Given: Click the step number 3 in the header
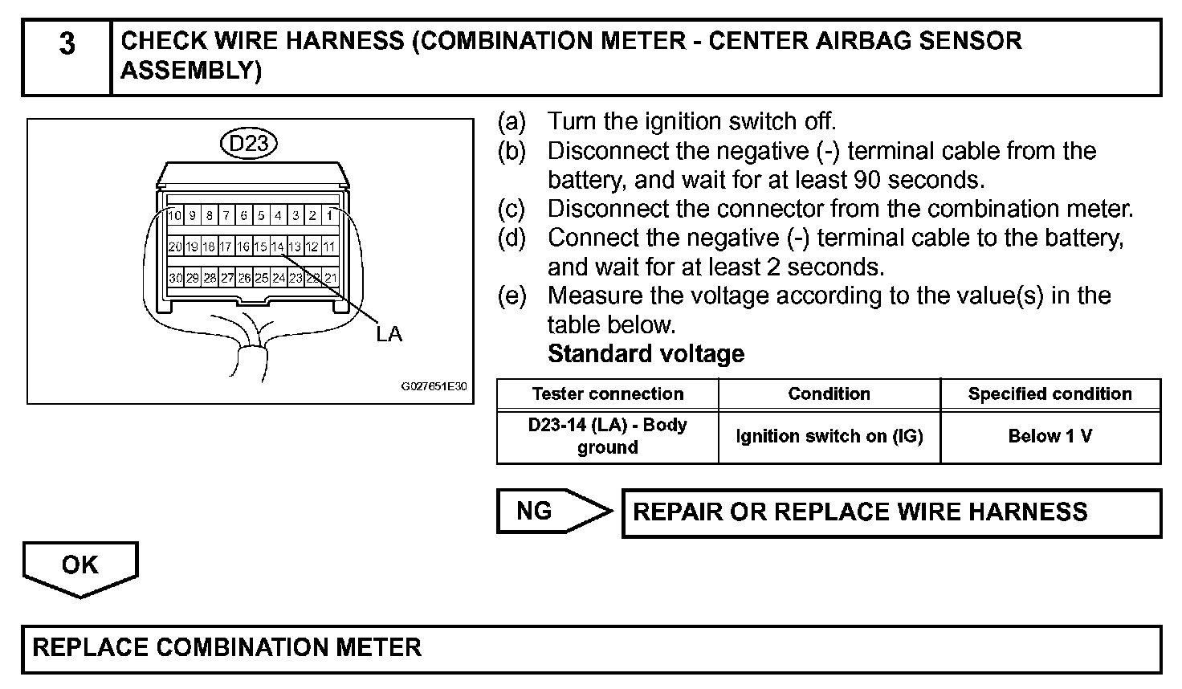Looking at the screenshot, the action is pos(67,43).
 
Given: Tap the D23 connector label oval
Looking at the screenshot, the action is pos(249,144).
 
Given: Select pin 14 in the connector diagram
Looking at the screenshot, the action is pos(278,247).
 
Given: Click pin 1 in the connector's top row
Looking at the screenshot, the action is pos(329,215).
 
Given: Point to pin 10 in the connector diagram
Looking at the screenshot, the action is pos(175,215).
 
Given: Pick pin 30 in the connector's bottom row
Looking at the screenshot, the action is pos(175,278).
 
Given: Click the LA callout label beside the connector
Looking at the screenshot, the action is pos(389,334).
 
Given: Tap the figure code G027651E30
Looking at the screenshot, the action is pos(434,386).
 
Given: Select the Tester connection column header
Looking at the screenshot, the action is pos(607,393).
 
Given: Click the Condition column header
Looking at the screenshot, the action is pos(829,393).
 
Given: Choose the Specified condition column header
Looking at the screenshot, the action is pos(1050,393).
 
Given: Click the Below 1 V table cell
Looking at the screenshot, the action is pos(1050,436).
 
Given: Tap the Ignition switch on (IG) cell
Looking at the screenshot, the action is pos(829,436).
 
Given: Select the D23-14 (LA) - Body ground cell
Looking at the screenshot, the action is pos(607,436).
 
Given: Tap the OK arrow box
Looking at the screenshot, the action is pos(80,565).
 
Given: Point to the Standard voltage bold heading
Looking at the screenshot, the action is pos(646,354).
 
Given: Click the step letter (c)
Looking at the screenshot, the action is pos(512,209).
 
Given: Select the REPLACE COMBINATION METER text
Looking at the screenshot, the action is pos(226,647).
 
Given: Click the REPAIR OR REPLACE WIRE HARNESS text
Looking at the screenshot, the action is pos(860,512).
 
